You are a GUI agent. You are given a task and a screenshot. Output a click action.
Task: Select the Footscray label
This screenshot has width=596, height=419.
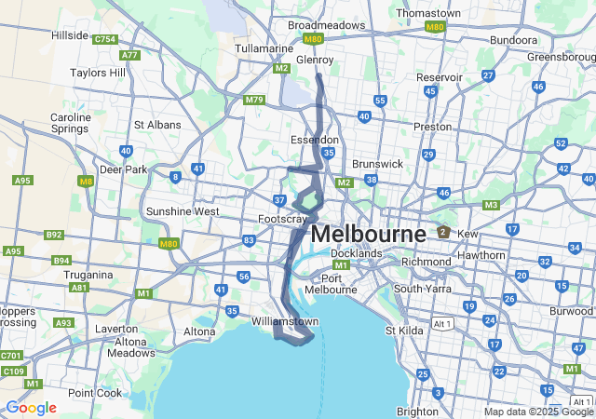pyautogui.click(x=281, y=220)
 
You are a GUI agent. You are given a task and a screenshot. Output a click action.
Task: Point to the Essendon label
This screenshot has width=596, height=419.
pyautogui.click(x=315, y=140)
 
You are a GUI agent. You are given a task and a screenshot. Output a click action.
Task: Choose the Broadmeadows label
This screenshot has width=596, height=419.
pyautogui.click(x=326, y=26)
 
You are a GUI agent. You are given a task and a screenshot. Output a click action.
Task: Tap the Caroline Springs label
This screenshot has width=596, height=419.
pyautogui.click(x=71, y=124)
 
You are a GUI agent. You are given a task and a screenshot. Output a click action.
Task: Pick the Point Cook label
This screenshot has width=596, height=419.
pyautogui.click(x=94, y=393)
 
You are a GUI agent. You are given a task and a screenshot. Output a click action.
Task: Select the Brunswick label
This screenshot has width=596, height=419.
pyautogui.click(x=378, y=163)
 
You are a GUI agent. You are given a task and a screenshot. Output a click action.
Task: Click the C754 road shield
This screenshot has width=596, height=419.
pyautogui.click(x=104, y=39)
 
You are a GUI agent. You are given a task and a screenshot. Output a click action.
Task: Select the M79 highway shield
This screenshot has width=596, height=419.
pyautogui.click(x=254, y=100)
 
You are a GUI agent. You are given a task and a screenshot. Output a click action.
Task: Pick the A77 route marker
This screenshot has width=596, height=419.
pyautogui.click(x=129, y=55)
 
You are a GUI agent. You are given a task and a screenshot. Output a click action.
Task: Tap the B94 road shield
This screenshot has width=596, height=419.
pyautogui.click(x=61, y=260)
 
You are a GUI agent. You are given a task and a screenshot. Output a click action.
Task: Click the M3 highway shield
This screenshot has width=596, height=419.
pyautogui.click(x=492, y=205)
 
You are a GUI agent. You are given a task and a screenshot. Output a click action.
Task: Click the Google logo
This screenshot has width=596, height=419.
pyautogui.click(x=31, y=408)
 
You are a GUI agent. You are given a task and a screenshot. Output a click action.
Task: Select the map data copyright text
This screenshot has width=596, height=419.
pyautogui.click(x=537, y=412)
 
